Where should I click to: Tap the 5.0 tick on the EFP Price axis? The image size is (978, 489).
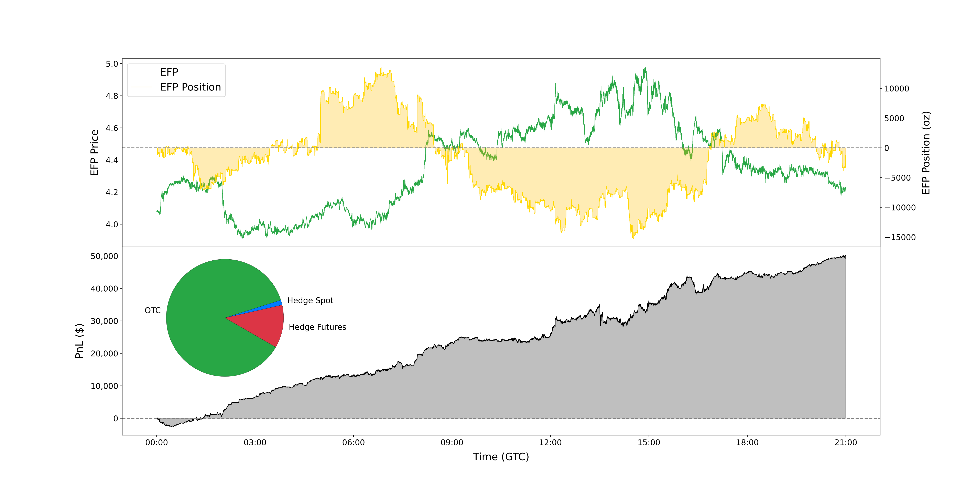tap(112, 64)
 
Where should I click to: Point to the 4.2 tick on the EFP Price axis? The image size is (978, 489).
tap(112, 192)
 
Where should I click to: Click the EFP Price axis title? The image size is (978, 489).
tap(95, 153)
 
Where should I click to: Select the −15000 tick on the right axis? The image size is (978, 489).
tap(900, 237)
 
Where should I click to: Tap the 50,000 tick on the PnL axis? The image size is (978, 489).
tap(104, 256)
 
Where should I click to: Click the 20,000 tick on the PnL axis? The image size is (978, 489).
tap(104, 354)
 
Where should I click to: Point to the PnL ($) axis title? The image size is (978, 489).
tap(79, 341)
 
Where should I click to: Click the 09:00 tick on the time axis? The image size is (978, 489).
tap(452, 443)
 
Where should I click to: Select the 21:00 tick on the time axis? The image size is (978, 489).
tap(846, 443)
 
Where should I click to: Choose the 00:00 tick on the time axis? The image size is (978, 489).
tap(156, 443)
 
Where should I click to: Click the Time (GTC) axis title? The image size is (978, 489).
tap(501, 457)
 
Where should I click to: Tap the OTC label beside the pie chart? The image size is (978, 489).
tap(153, 311)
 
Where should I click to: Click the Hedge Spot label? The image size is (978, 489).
tap(310, 300)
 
